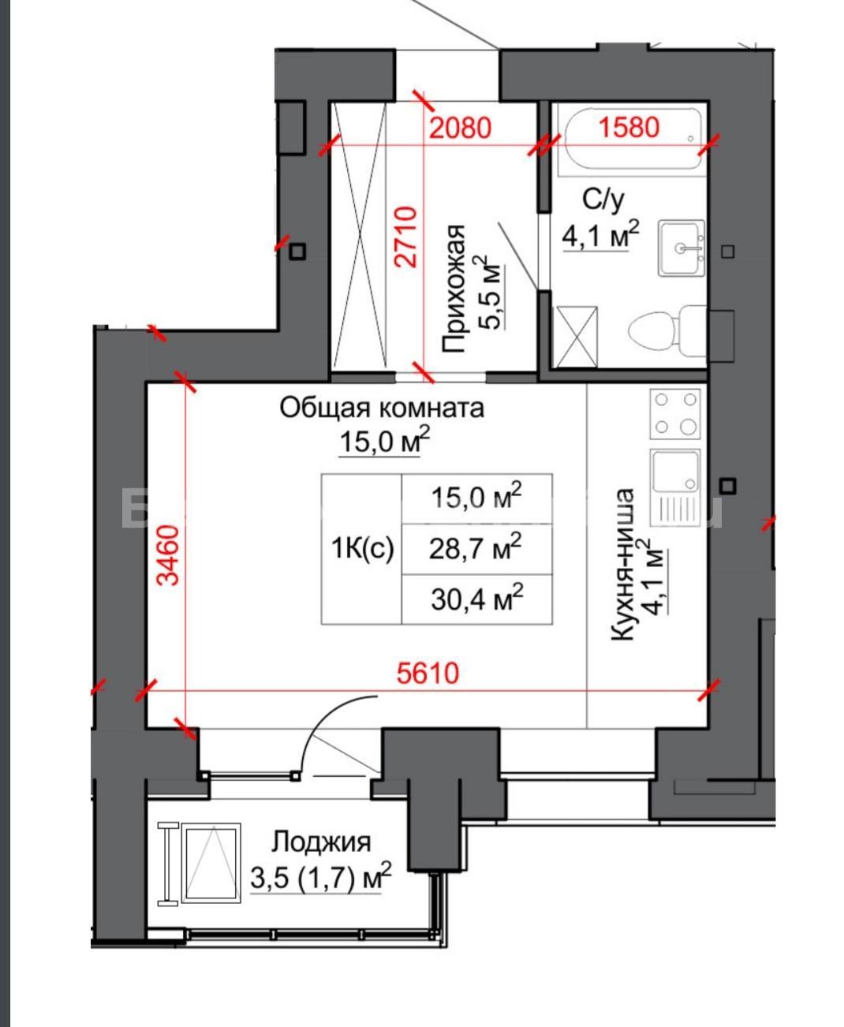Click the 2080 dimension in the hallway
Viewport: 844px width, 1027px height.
(x=460, y=129)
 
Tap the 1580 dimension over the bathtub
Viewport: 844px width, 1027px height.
(x=629, y=127)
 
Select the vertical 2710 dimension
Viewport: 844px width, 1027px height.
(x=406, y=237)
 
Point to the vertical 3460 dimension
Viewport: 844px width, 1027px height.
(x=169, y=555)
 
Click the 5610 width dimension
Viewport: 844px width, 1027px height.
(x=428, y=674)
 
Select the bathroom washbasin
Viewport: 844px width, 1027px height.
(x=682, y=248)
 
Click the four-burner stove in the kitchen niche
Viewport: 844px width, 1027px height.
(x=675, y=413)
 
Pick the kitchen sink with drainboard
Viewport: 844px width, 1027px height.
(x=675, y=487)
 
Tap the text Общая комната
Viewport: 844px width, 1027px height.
(x=382, y=408)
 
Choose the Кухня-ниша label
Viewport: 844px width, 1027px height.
(x=623, y=564)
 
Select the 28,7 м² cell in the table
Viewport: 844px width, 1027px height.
(x=476, y=549)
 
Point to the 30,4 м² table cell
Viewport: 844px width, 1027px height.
(x=476, y=599)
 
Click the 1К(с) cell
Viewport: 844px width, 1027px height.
(x=362, y=549)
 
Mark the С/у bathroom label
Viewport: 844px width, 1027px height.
(x=603, y=200)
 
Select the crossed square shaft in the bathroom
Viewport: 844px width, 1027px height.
(x=577, y=336)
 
